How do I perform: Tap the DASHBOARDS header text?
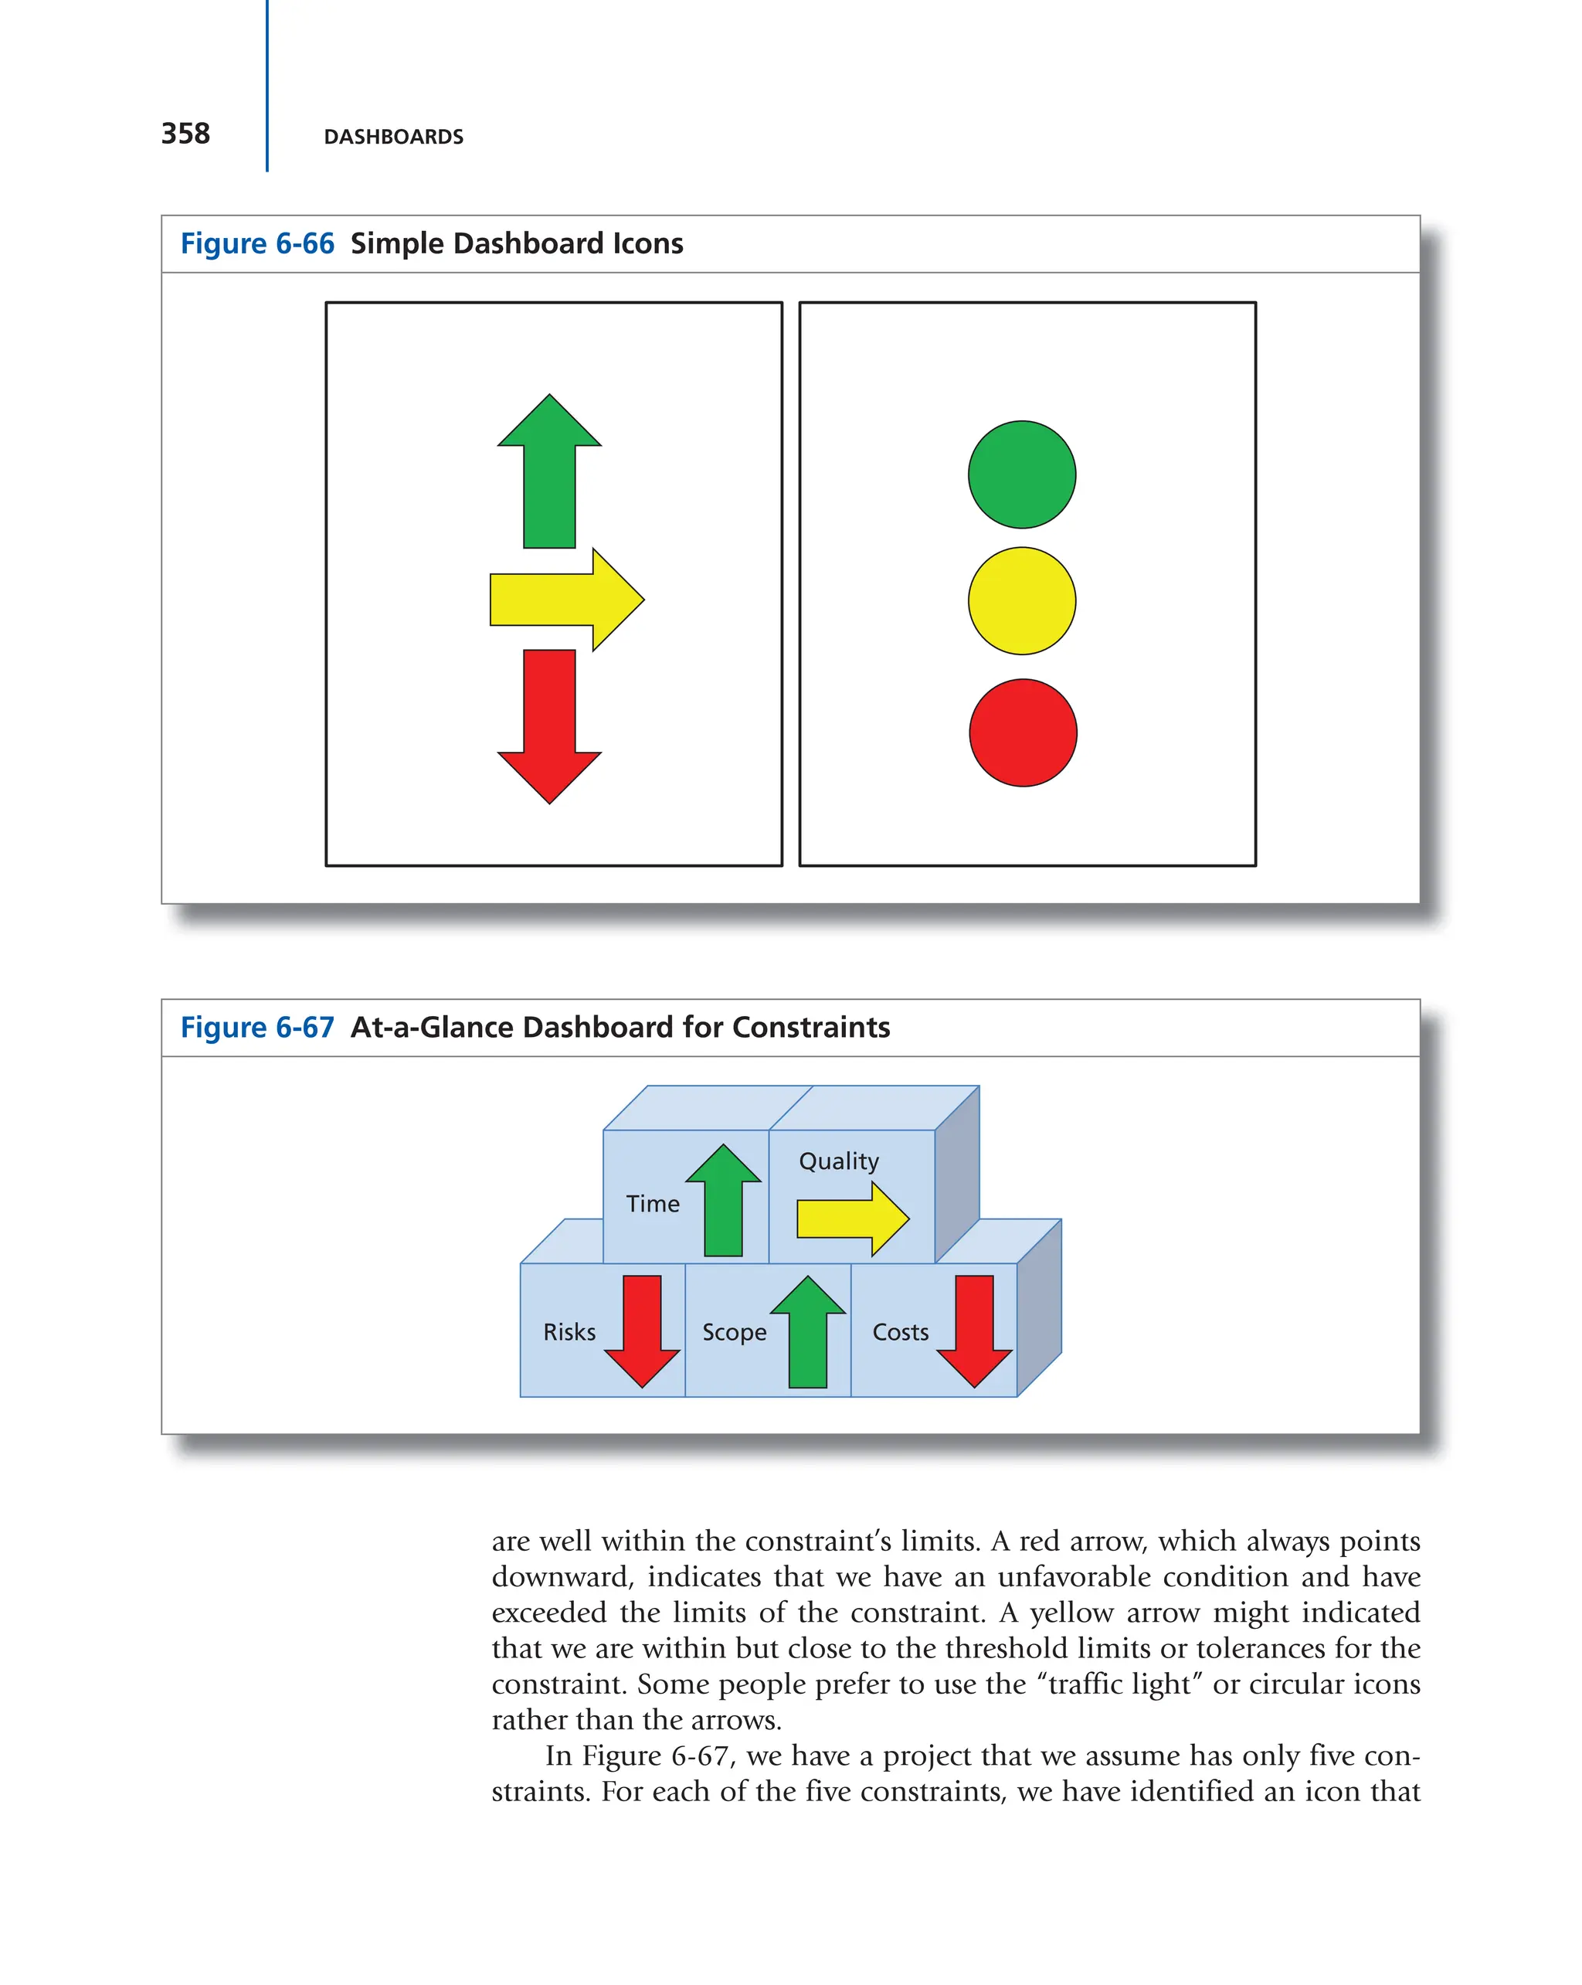(x=393, y=138)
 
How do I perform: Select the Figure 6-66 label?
(x=256, y=244)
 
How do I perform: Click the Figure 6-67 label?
(x=256, y=1028)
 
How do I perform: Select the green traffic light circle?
(x=1021, y=475)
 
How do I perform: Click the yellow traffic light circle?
(x=1021, y=601)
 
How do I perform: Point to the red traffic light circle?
(x=1023, y=732)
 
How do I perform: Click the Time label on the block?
(x=653, y=1205)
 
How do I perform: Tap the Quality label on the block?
(x=838, y=1162)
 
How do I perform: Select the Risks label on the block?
(x=569, y=1332)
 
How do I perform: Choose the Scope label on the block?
(x=734, y=1333)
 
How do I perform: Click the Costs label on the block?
(x=900, y=1332)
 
